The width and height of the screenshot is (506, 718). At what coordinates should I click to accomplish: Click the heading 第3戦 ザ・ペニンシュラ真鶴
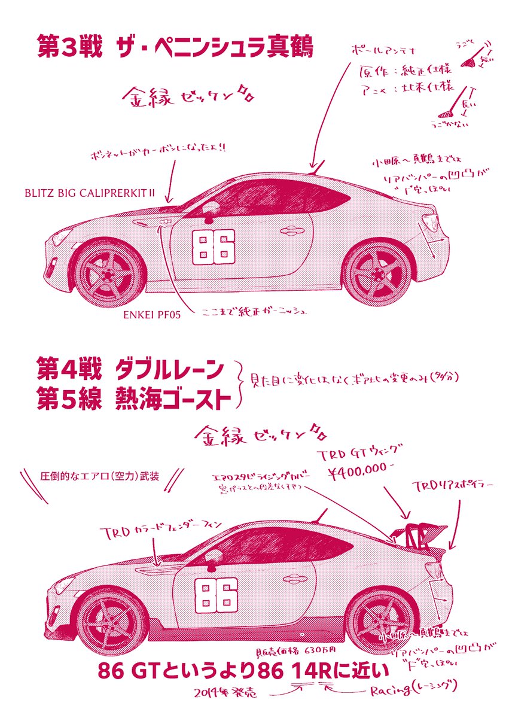pyautogui.click(x=175, y=47)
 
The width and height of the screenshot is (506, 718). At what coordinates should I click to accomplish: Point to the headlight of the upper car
pyautogui.click(x=62, y=236)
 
